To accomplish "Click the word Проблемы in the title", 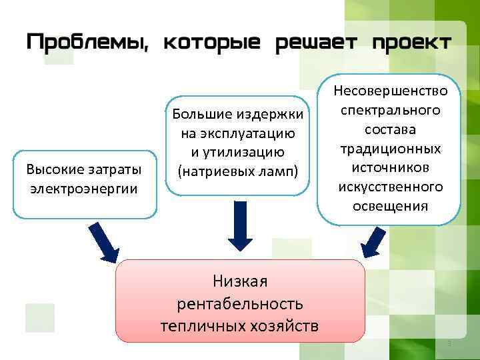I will point(85,42).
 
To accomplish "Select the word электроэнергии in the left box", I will point(85,189).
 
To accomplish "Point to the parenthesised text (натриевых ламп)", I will point(238,171).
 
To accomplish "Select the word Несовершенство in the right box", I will point(391,90).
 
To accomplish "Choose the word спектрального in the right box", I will point(391,108).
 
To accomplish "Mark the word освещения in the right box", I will point(391,205).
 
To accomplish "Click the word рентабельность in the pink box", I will point(240,304).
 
